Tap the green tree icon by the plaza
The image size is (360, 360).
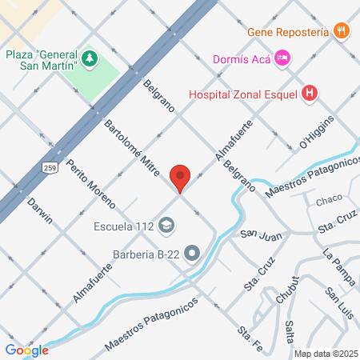click(x=90, y=58)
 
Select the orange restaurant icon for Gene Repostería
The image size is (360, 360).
click(x=342, y=31)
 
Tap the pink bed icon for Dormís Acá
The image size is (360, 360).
click(x=282, y=58)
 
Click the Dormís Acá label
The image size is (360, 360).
click(x=241, y=58)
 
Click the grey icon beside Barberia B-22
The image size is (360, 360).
click(x=191, y=255)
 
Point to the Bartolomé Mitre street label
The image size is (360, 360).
click(x=134, y=149)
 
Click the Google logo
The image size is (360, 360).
click(x=26, y=350)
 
